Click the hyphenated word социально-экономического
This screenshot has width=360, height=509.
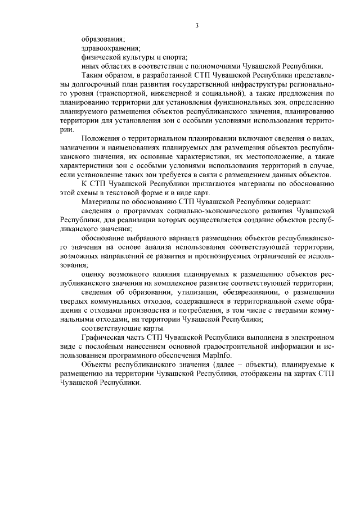click(199, 210)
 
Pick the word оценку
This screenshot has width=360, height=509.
click(94, 274)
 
